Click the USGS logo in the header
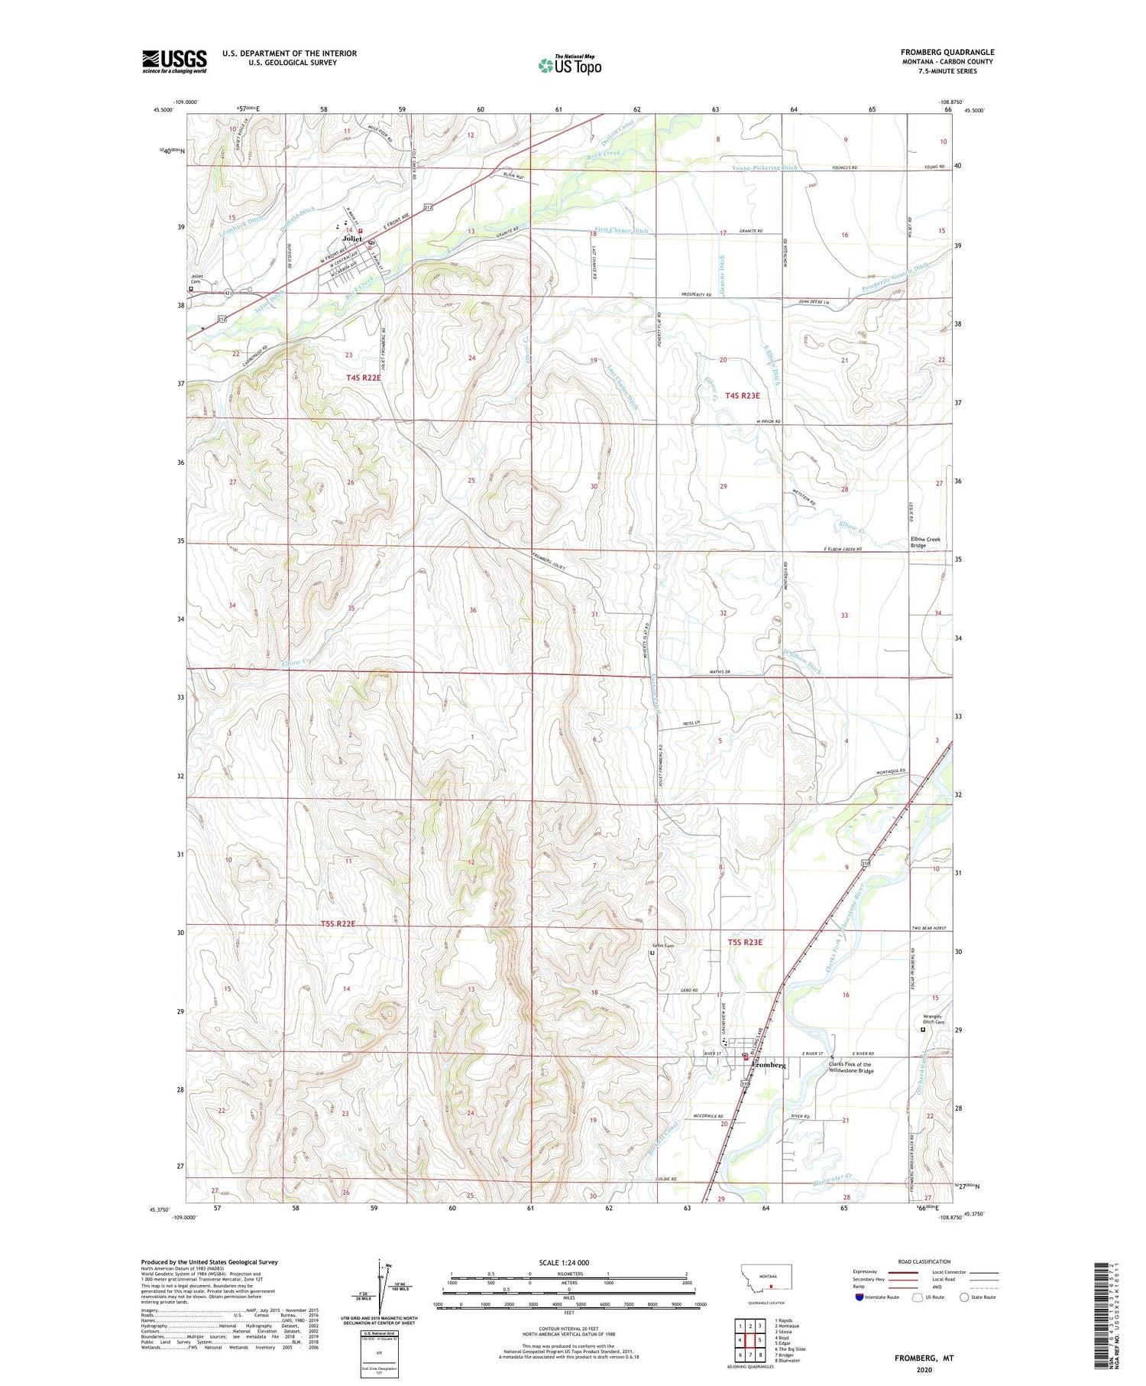point(174,61)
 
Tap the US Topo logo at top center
point(569,65)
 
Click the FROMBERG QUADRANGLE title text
point(947,52)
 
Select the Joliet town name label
point(351,239)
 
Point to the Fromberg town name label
point(769,1065)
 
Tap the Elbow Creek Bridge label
point(924,542)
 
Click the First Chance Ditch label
point(621,230)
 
